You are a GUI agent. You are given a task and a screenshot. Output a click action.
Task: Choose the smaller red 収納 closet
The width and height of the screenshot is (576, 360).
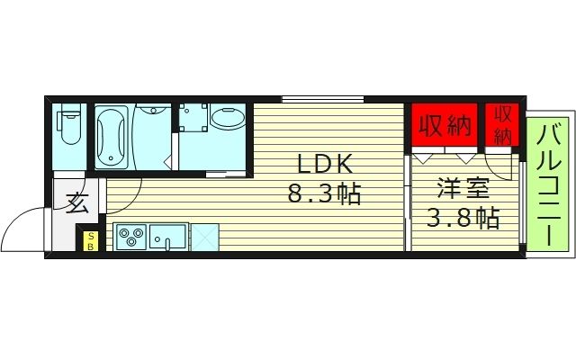[503, 125]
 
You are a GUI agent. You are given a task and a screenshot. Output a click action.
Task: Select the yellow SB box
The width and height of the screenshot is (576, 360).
[91, 240]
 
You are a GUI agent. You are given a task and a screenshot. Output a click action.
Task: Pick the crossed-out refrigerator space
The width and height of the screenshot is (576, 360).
[205, 238]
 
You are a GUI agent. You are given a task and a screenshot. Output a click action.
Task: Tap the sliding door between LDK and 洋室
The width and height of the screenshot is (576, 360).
[408, 202]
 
